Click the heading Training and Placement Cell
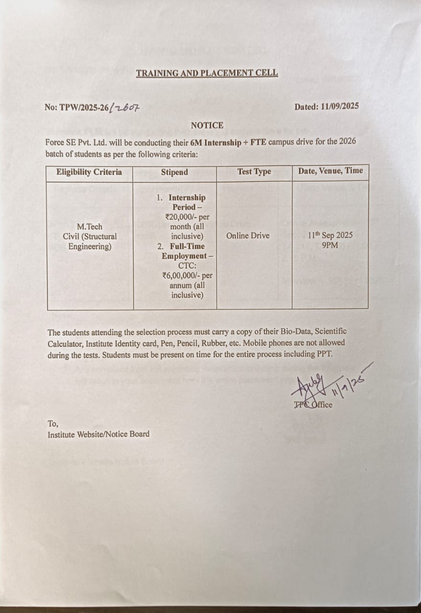(x=206, y=73)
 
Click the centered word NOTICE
(x=207, y=125)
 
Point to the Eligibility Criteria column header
(x=89, y=172)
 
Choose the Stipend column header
(x=174, y=172)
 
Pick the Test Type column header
(x=254, y=171)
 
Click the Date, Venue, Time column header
(x=330, y=170)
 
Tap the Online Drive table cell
(x=248, y=236)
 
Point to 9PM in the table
(x=330, y=245)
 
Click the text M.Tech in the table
(x=90, y=227)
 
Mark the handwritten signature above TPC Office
(x=311, y=386)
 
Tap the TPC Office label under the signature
(x=313, y=405)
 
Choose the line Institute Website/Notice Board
(x=98, y=434)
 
